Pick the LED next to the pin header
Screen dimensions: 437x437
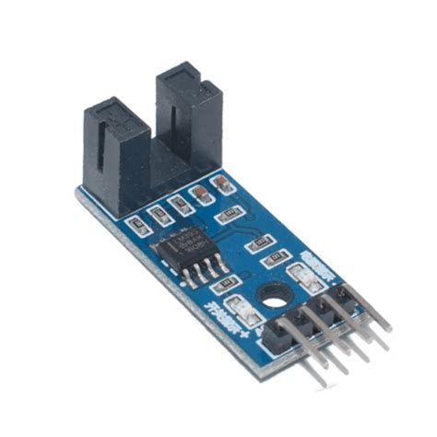click(x=299, y=274)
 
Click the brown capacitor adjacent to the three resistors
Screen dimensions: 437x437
click(x=197, y=194)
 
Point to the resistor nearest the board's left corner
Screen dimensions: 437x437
click(x=136, y=224)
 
